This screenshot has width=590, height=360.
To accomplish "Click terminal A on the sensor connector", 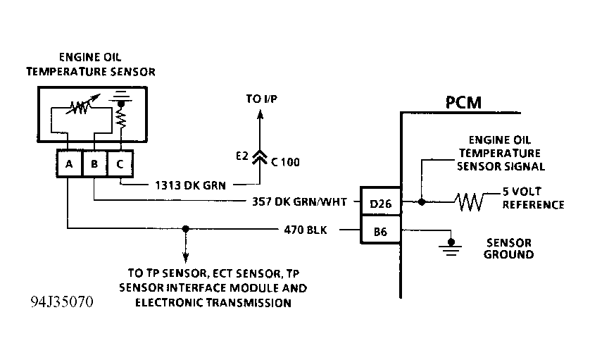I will [68, 165].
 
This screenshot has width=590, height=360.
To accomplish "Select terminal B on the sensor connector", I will [94, 165].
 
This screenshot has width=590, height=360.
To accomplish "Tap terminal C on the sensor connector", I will [120, 165].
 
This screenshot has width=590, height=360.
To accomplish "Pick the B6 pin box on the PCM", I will [380, 230].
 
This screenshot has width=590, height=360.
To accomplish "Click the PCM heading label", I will [463, 103].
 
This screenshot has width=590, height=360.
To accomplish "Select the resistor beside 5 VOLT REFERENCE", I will [468, 203].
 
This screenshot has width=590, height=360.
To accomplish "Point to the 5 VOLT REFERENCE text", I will [533, 199].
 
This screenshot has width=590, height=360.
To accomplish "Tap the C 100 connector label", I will [285, 161].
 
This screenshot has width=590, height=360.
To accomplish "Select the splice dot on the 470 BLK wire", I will [185, 229].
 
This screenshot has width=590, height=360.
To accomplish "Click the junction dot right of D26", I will [421, 202].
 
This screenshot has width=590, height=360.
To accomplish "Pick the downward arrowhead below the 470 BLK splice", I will [185, 259].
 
